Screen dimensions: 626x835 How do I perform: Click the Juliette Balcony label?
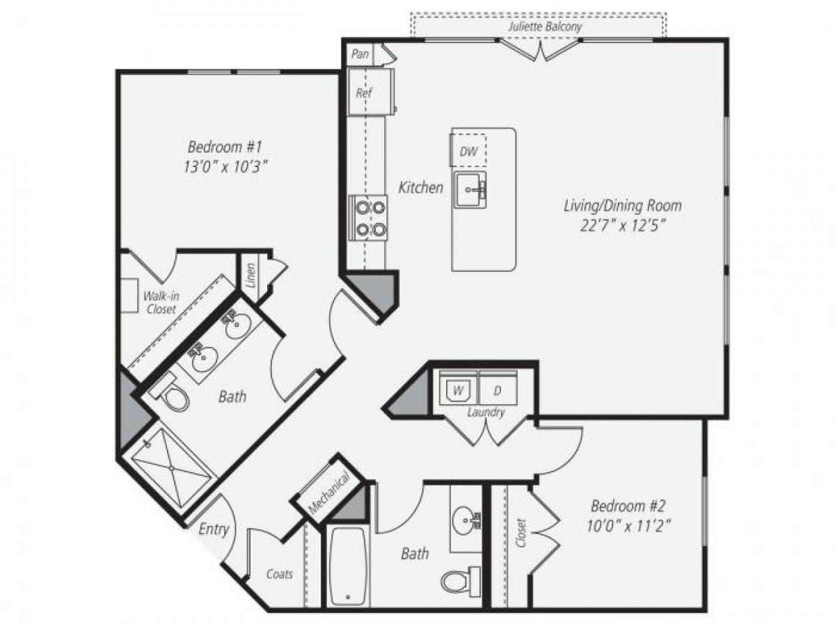[x=545, y=27]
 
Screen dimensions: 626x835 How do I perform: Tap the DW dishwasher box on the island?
[x=468, y=152]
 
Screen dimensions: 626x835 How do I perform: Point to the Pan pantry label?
[x=360, y=54]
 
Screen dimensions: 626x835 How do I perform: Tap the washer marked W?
[x=458, y=390]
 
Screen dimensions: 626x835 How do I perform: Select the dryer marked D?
[x=497, y=390]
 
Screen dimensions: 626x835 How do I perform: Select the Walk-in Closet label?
[x=160, y=303]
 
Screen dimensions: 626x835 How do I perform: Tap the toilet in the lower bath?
[x=460, y=579]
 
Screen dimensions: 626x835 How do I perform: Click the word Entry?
[x=214, y=529]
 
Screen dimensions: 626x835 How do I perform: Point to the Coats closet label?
[x=280, y=575]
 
